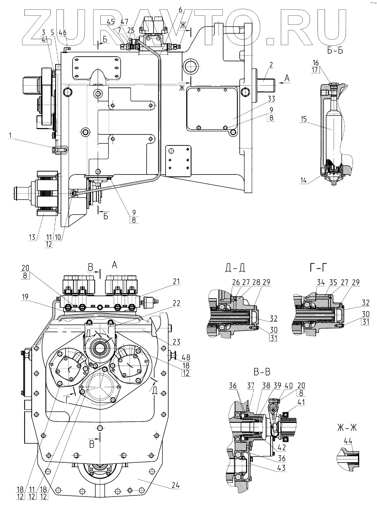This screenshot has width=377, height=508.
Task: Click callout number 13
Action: pos(32,237)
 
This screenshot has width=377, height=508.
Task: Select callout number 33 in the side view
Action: pos(271,99)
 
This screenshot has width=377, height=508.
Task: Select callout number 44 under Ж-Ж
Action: pos(348,440)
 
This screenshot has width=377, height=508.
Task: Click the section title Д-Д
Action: pos(235,268)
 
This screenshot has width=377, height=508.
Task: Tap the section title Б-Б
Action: pos(335,51)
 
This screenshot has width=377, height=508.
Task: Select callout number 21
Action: pos(176,281)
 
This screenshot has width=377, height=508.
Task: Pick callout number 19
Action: pos(26,297)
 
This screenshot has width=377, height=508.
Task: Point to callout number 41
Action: pos(301,402)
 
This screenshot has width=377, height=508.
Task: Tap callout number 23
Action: pos(176,342)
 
